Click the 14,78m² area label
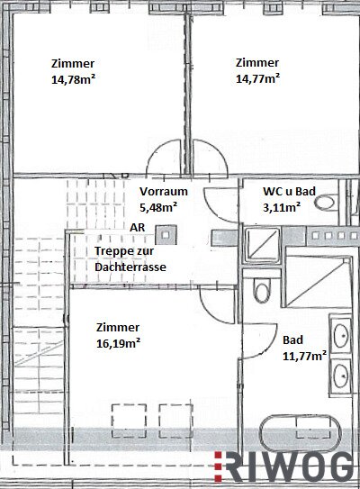73,79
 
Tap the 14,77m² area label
257,78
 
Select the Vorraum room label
164,191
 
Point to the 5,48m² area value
158,207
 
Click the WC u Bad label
289,191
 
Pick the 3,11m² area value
282,207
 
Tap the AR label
138,227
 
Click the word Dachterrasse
130,267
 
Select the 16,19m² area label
118,343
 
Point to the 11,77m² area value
304,356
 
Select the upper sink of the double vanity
341,335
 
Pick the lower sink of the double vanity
341,376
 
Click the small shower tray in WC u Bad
262,245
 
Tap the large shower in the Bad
318,281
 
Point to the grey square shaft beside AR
166,234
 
